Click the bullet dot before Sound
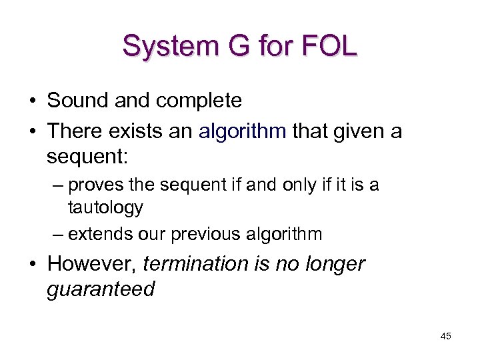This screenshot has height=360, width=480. [32, 101]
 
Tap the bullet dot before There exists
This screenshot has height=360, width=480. [32, 131]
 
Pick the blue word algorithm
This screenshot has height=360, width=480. [243, 131]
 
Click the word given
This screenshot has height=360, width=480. [357, 131]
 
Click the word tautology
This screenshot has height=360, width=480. [105, 207]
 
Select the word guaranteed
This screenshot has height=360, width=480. [100, 289]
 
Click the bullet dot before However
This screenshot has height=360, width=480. [32, 264]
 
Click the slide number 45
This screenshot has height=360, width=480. [445, 336]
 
